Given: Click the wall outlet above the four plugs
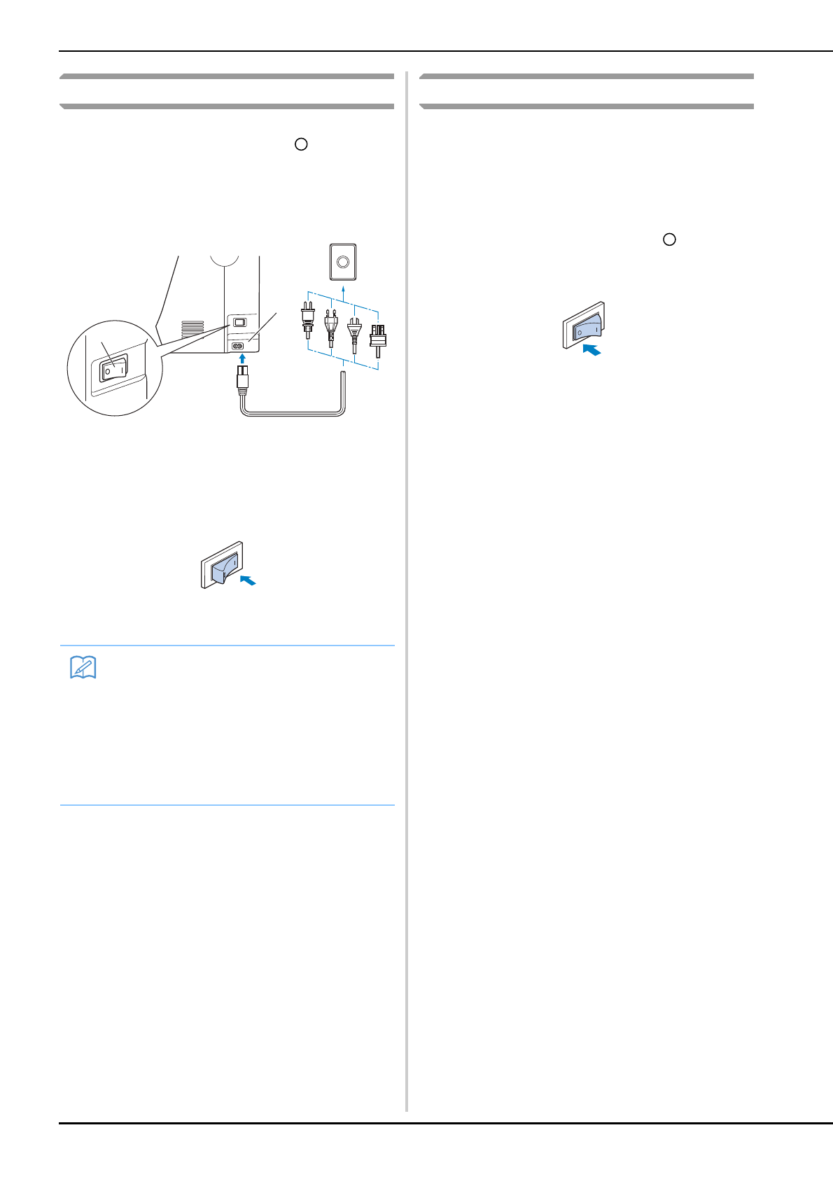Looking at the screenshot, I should coord(342,262).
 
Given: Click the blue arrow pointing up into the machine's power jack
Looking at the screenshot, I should coord(242,358).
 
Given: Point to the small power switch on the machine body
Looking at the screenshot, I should coord(239,322).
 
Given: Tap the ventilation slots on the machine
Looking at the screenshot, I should coord(192,328).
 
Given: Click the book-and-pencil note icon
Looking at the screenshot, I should coord(83,668).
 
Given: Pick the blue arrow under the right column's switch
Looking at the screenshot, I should coord(591,349).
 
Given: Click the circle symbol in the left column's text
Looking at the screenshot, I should coord(301,144).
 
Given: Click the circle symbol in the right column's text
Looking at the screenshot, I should coord(669,239).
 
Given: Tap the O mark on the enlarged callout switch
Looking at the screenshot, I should coord(108,371).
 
